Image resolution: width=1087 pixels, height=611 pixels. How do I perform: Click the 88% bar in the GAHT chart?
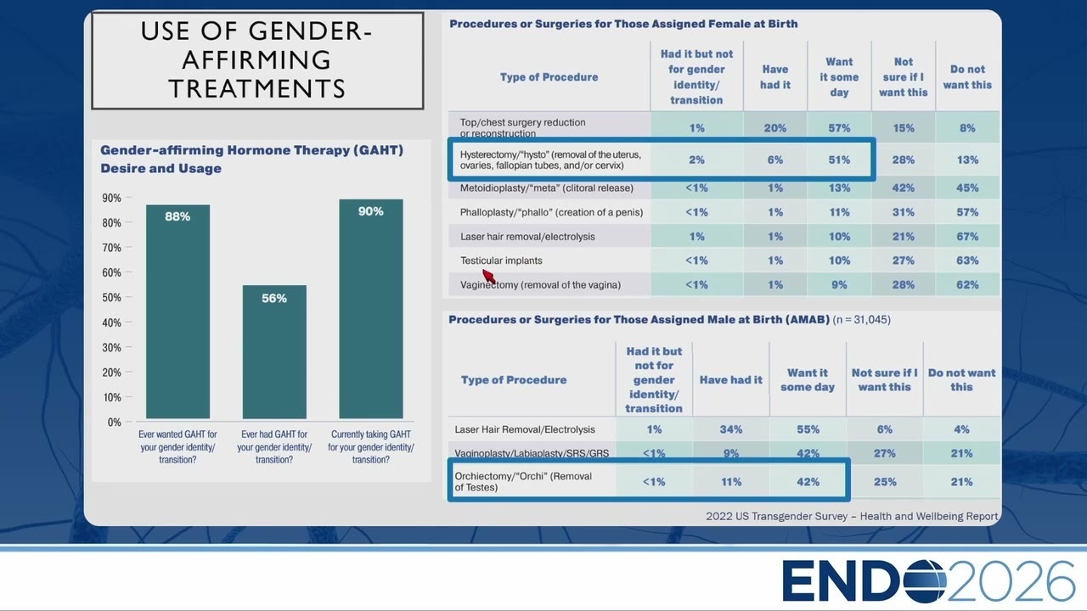177,311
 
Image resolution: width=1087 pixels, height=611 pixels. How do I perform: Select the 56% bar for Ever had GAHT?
274,351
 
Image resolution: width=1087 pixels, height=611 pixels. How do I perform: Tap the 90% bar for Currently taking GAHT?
371,308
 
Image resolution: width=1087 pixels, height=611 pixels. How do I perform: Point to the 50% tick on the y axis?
128,297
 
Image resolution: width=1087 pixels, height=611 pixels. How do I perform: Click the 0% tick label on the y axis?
114,423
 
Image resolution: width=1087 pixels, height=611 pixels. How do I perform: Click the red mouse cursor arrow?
488,277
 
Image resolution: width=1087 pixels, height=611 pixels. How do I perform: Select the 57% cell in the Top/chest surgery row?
839,128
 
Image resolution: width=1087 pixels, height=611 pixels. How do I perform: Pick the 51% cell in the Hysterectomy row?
839,160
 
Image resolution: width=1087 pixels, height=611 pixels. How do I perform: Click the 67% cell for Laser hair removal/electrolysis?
967,237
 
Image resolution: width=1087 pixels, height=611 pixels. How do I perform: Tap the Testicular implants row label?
501,261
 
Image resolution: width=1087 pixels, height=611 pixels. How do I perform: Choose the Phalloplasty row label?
551,212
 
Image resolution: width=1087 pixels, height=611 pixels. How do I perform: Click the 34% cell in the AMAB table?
731,429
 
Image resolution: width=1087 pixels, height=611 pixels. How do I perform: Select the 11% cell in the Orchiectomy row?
731,481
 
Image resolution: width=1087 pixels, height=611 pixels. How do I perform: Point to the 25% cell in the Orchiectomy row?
885,481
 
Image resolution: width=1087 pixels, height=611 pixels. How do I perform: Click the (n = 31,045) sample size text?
862,320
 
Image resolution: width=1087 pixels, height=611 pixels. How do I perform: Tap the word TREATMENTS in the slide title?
257,89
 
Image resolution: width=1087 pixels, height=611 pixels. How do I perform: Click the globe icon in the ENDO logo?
925,581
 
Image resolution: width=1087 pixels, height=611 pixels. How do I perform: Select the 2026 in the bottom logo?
1011,581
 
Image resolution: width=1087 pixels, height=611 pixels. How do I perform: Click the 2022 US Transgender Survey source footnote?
852,517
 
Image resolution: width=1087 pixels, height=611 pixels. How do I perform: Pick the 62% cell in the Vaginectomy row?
967,284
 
